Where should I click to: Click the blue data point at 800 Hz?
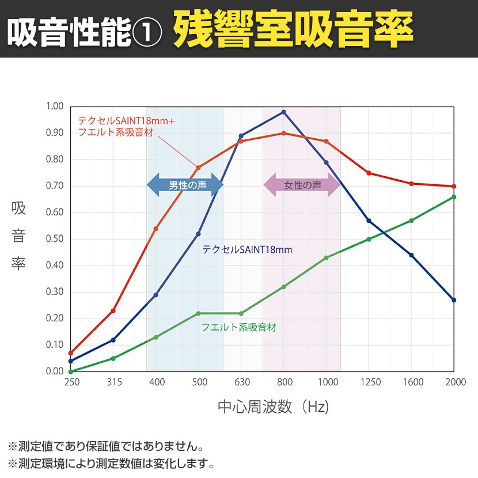[283, 112]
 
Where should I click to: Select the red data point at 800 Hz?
[283, 133]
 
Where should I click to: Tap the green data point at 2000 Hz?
[454, 197]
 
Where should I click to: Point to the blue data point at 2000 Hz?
[454, 300]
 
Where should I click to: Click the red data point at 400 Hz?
[155, 229]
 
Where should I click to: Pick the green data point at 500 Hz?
[198, 313]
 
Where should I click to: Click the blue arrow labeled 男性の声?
[185, 185]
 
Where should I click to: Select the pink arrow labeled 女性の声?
[302, 185]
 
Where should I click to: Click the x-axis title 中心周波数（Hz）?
[274, 407]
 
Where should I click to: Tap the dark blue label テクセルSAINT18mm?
[247, 250]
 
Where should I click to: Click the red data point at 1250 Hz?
[369, 173]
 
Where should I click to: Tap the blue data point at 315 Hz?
[113, 340]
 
